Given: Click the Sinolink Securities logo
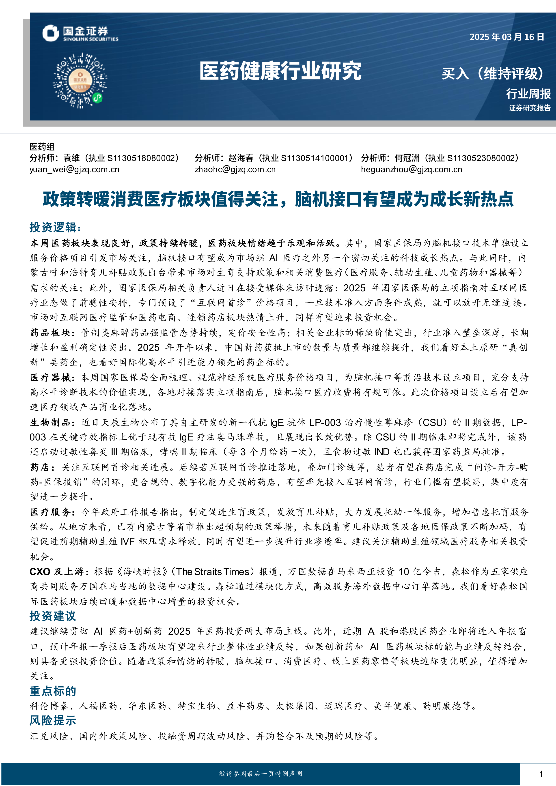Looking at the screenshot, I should coord(80,34).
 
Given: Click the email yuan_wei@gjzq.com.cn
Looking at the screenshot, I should coord(74,170).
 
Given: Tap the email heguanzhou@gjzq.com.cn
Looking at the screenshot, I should coord(411,170).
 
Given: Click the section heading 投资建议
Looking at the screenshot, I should coord(53,616).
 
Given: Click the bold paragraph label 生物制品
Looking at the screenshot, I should coord(50,422).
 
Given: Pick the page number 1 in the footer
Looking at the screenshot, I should coord(541,774).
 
